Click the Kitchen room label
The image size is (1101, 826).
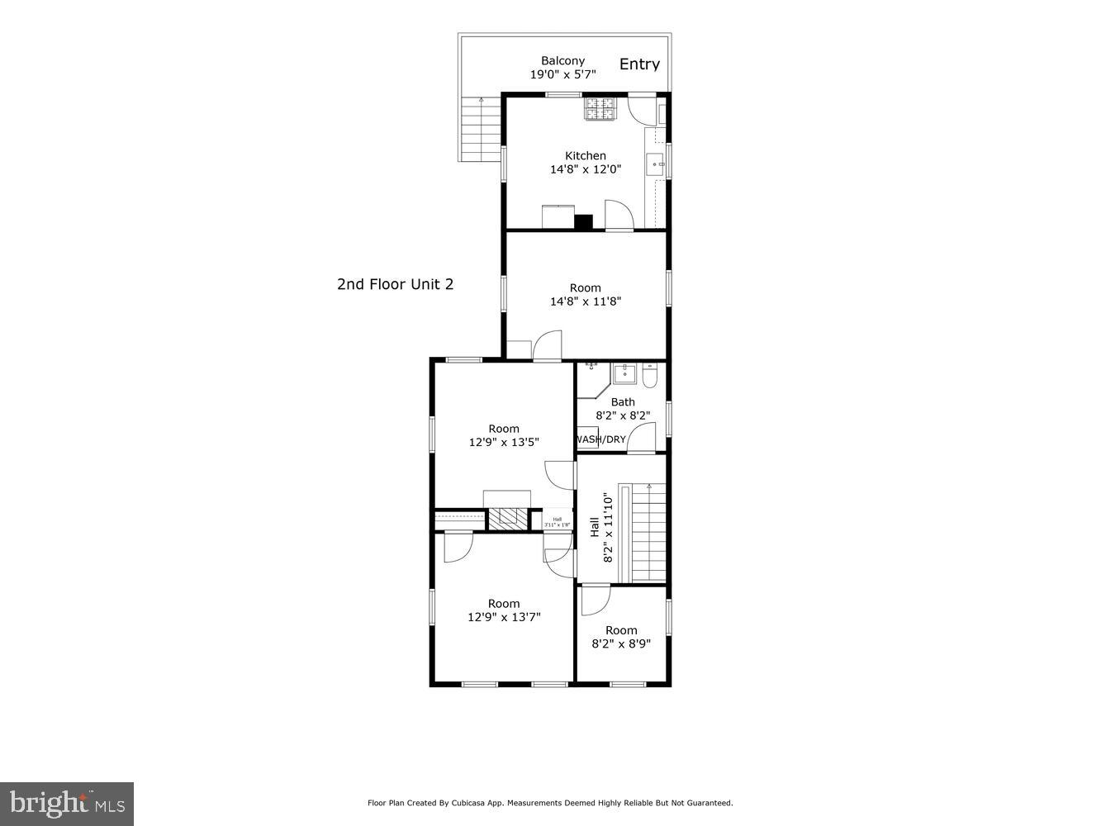coord(585,155)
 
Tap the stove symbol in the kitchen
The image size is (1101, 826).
coord(600,108)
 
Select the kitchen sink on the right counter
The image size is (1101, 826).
coord(656,164)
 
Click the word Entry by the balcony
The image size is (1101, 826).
coord(639,64)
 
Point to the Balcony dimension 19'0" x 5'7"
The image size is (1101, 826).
coord(562,74)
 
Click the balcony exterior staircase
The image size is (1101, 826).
coord(480,129)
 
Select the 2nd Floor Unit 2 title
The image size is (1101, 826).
coord(395,284)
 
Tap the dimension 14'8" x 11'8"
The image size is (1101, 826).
coord(585,301)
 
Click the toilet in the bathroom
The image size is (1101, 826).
coord(649,377)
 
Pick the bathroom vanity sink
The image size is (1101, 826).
coord(624,373)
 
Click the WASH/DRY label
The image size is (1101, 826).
coord(600,439)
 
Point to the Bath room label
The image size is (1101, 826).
coord(623,402)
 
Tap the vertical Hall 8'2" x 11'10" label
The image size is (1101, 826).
coord(601,528)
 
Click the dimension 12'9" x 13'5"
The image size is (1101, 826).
coord(504,442)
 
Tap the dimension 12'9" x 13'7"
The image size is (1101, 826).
coord(504,617)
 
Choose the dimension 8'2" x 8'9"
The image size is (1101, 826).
coord(621,643)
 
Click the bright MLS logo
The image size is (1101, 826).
coord(66,803)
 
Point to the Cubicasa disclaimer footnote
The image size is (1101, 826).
coord(550,803)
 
